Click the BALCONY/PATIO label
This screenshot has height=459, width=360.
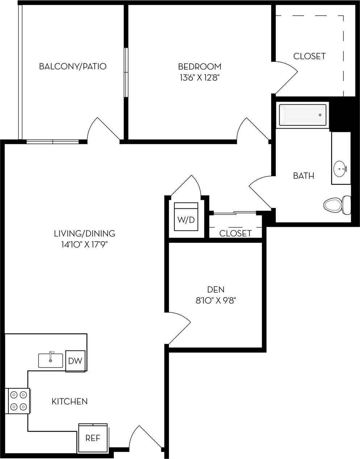click(x=73, y=66)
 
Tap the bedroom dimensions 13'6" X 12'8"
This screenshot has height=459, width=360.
click(x=199, y=77)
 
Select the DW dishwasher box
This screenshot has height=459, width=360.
click(x=75, y=361)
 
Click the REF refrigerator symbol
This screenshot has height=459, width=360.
click(x=93, y=438)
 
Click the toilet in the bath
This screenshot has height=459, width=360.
click(x=337, y=205)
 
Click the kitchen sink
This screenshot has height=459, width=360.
click(x=51, y=360)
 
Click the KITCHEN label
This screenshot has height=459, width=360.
click(x=70, y=401)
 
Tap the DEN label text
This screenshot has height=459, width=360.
click(x=216, y=289)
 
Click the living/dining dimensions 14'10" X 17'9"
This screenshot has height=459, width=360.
click(x=84, y=245)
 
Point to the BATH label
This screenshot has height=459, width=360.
click(x=303, y=176)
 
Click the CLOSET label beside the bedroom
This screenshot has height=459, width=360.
click(x=309, y=56)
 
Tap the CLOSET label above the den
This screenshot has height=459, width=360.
click(x=235, y=233)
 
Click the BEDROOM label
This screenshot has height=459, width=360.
click(x=199, y=67)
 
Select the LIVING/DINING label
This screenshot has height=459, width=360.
click(x=84, y=234)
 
